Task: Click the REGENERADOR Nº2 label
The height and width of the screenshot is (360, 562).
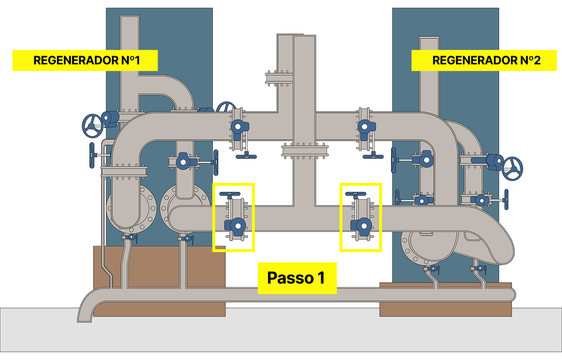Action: tap(484, 60)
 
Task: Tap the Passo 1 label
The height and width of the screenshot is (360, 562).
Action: tap(296, 278)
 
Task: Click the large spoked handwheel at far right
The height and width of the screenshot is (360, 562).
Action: tap(512, 168)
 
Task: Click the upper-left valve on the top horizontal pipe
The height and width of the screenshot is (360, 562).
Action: tap(237, 126)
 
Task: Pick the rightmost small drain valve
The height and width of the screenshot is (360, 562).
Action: tap(477, 268)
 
